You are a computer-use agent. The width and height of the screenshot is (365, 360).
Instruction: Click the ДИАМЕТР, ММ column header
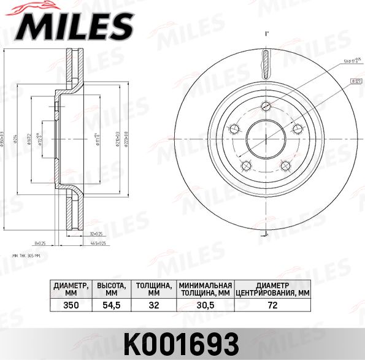(x=71, y=289)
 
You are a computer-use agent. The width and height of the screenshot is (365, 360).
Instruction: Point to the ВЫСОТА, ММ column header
(x=112, y=289)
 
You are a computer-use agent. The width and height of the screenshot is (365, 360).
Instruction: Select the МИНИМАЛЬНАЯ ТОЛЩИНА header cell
(x=205, y=289)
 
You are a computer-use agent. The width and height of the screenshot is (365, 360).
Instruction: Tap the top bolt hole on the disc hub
(x=266, y=104)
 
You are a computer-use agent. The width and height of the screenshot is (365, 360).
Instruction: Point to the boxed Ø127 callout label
(x=355, y=80)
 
